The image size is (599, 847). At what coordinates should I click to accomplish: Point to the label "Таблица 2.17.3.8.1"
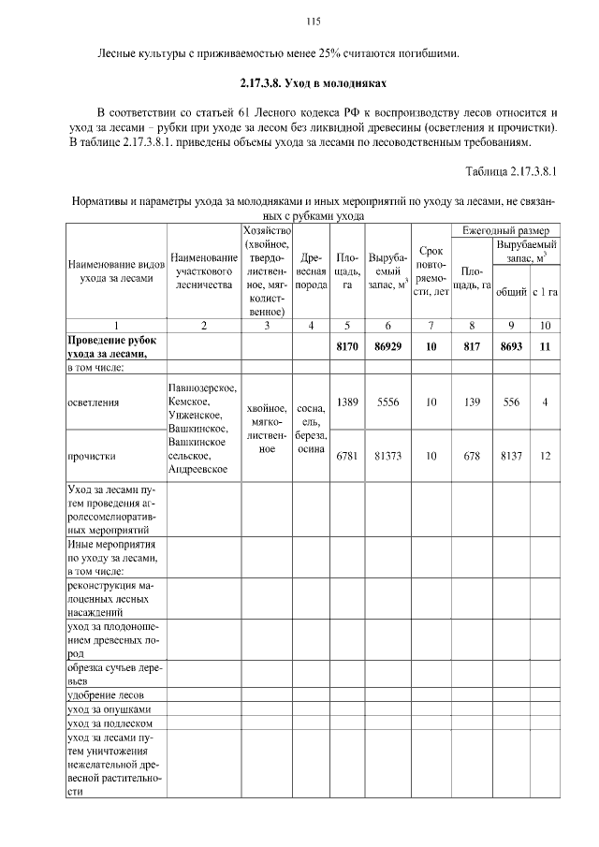point(510,171)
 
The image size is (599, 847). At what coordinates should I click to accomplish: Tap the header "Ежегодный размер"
point(505,230)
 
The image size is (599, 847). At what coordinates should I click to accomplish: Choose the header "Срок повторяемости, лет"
point(431,271)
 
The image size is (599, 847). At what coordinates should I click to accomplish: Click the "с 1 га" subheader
point(545,292)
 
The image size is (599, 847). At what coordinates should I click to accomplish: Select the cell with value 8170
point(347,346)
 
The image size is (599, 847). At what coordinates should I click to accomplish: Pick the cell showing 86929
point(387,346)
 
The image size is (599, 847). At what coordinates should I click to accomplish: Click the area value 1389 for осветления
point(347,402)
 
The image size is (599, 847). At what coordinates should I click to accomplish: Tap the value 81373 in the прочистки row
point(387,456)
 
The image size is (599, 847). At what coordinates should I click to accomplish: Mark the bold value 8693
point(511,346)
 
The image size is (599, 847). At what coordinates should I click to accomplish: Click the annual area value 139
point(472,402)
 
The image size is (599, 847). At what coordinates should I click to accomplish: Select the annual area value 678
point(472,456)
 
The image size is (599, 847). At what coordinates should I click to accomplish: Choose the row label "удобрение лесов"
point(106,695)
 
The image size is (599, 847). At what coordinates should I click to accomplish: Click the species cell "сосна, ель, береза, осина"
point(311,429)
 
